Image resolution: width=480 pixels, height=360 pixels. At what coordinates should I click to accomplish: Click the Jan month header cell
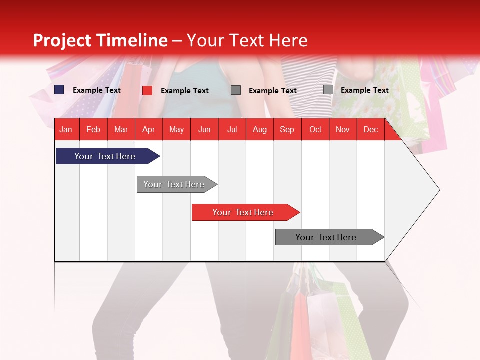coord(66,129)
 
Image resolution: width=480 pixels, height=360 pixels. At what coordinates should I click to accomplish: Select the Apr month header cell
coord(149,129)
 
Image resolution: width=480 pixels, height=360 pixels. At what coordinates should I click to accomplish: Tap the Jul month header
coord(232,129)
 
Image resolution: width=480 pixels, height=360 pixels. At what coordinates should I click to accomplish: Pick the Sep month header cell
coord(287,129)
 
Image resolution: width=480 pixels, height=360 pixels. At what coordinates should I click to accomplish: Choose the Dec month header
coord(370,129)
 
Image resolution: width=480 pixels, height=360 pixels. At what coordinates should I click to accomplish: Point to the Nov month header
coord(342,129)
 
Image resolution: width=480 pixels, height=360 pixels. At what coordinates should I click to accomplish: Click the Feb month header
coord(93,129)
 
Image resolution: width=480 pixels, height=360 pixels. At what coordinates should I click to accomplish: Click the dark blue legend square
coord(59,90)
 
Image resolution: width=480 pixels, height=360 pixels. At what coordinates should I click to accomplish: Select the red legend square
coord(147,90)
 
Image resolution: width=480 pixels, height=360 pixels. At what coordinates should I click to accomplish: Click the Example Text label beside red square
coord(184,91)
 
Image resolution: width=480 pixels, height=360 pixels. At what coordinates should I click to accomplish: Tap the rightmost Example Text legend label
coord(364,90)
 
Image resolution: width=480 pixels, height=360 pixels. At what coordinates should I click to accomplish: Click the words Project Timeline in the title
coord(100,40)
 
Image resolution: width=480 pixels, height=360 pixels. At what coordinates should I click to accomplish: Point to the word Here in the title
coord(288,40)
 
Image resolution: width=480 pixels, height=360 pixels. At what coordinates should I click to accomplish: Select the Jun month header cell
coord(204,129)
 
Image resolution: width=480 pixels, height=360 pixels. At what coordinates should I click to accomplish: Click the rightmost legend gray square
coord(328,90)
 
